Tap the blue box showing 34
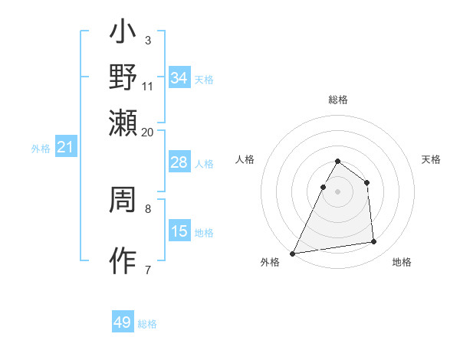point(179,78)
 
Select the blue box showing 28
point(179,162)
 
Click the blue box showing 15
point(179,231)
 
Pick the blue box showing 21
point(64,147)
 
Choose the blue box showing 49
point(123,322)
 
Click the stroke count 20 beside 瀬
point(147,132)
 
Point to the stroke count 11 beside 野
point(147,86)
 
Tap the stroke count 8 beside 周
point(148,208)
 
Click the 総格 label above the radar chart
point(337,100)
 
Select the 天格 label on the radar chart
point(431,159)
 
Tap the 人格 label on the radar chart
point(245,159)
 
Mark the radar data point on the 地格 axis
point(374,242)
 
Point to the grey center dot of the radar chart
point(337,191)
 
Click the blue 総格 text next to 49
point(147,324)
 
